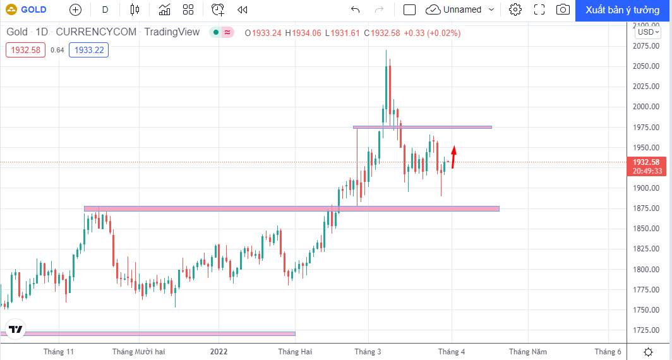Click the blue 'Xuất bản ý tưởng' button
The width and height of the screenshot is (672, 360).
(x=623, y=10)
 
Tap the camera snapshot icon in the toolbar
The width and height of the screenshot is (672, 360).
(x=563, y=9)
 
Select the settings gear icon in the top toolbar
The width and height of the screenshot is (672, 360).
(x=515, y=9)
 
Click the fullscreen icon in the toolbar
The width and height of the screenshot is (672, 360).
(x=539, y=9)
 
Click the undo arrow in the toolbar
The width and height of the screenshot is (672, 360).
(x=355, y=9)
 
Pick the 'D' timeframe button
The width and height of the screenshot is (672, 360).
(x=105, y=9)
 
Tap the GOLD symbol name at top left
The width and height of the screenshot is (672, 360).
(x=33, y=9)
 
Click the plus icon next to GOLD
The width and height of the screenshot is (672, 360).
(x=75, y=9)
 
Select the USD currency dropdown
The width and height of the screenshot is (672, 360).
(x=648, y=32)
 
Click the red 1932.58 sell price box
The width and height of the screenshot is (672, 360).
(x=25, y=50)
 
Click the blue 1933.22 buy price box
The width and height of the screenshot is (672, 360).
(x=88, y=50)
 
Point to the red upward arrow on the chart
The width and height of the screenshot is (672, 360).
(x=454, y=157)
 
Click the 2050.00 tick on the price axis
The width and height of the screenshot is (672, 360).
(x=646, y=66)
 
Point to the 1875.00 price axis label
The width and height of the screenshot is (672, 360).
(x=646, y=208)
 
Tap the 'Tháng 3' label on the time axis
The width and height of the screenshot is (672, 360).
(x=368, y=352)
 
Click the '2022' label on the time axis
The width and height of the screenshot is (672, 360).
(x=219, y=352)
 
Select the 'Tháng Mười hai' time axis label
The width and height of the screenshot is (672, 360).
(x=138, y=352)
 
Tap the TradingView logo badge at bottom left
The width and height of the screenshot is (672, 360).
(x=16, y=329)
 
